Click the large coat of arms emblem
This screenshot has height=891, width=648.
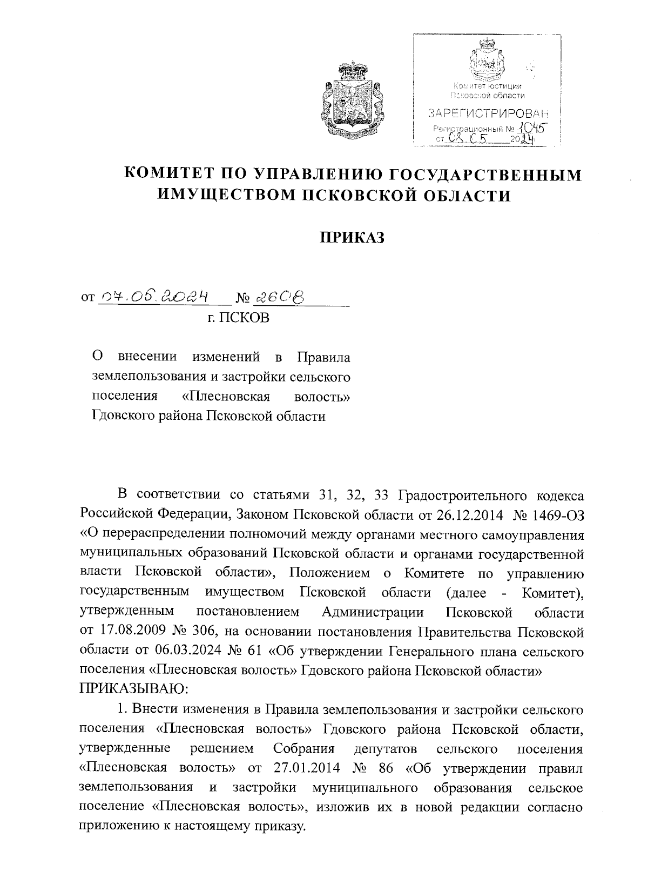click(352, 102)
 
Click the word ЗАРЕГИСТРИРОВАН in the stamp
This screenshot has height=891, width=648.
click(488, 113)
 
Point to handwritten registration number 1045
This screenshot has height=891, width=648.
click(531, 129)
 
